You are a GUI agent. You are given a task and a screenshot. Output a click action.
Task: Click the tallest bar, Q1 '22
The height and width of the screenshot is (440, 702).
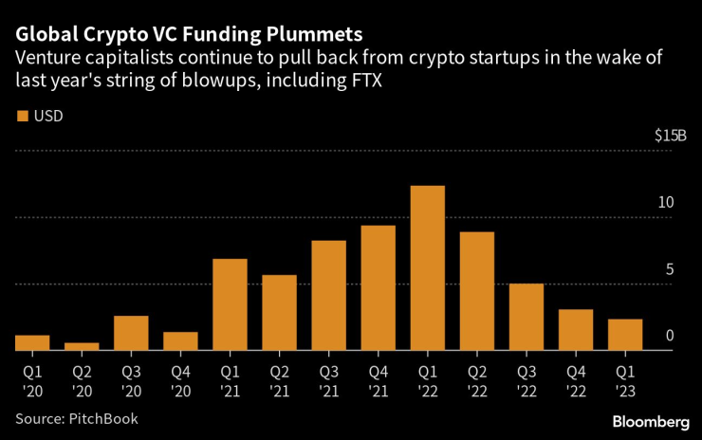[x=427, y=268]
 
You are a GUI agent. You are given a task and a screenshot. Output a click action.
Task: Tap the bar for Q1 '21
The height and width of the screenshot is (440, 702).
[x=230, y=304]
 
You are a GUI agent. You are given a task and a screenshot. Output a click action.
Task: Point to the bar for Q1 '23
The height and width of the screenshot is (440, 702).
[x=624, y=335]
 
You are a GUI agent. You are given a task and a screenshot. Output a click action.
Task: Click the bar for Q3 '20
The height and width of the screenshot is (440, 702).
[x=131, y=333]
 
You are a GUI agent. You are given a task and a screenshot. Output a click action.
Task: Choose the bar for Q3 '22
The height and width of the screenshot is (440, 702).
[x=526, y=317]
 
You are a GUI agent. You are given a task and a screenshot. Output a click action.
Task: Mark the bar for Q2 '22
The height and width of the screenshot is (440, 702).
[x=476, y=291]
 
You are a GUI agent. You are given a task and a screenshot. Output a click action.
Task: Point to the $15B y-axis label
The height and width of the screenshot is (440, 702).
[x=670, y=136]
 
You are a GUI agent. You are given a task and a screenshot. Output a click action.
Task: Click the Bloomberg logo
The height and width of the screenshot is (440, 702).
[x=650, y=421]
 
